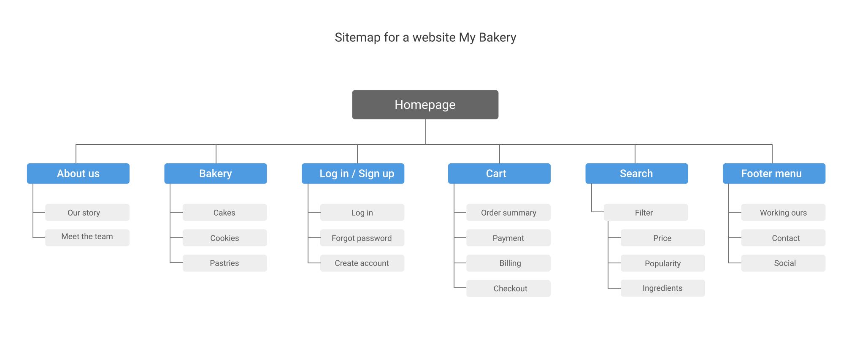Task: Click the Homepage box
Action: pos(425,105)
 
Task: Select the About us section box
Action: pos(78,173)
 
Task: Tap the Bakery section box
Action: pos(216,173)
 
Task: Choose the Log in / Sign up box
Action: pos(353,173)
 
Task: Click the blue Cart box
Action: pos(499,173)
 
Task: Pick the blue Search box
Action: pos(637,173)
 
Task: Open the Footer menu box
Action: pos(774,173)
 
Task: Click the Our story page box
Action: pos(87,212)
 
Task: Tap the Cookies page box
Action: pos(225,238)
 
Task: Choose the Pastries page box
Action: pos(225,263)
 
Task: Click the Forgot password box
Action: pos(362,238)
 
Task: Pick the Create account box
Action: pos(362,263)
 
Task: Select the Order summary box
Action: pos(508,212)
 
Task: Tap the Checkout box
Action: pos(508,288)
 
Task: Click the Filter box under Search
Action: pos(646,212)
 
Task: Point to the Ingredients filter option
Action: pos(663,288)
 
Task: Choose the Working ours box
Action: pos(783,212)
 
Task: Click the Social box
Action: pos(783,263)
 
